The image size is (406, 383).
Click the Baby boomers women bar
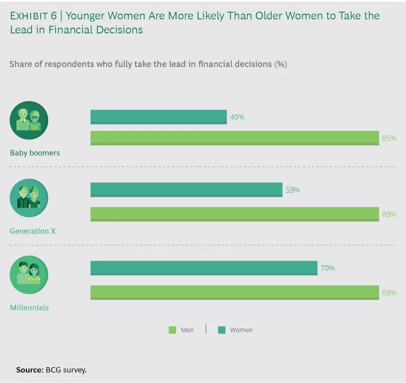pyautogui.click(x=159, y=117)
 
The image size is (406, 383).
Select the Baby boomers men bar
pyautogui.click(x=235, y=138)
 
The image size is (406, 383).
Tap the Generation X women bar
pyautogui.click(x=186, y=190)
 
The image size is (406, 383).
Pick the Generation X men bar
pyautogui.click(x=235, y=214)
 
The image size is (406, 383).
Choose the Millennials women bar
pyautogui.click(x=204, y=268)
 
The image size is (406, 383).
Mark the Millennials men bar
pyautogui.click(x=235, y=292)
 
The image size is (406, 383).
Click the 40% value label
pyautogui.click(x=237, y=117)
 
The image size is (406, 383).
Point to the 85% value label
pyautogui.click(x=389, y=138)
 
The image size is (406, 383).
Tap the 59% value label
pyautogui.click(x=292, y=190)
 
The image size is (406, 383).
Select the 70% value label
pyautogui.click(x=327, y=268)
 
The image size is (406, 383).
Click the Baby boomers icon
pyautogui.click(x=29, y=120)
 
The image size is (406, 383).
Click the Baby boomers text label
pyautogui.click(x=35, y=153)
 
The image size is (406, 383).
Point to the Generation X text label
pyautogui.click(x=33, y=231)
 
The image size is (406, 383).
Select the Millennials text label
pyautogui.click(x=30, y=307)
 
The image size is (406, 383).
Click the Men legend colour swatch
pyautogui.click(x=172, y=330)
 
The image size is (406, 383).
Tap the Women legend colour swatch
pyautogui.click(x=222, y=330)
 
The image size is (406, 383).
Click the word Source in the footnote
pyautogui.click(x=29, y=370)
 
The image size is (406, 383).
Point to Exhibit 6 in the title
pyautogui.click(x=33, y=16)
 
